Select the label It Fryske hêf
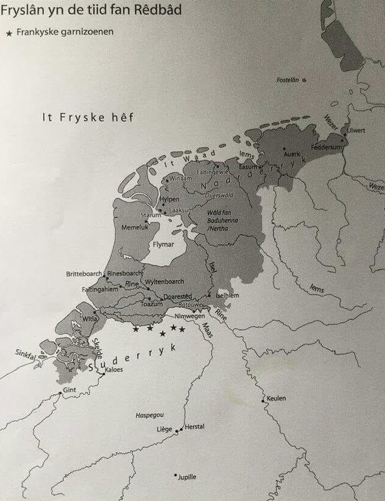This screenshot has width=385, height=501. [88, 117]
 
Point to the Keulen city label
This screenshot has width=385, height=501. [276, 398]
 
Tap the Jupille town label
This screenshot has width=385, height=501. [188, 477]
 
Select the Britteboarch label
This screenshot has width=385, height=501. [85, 274]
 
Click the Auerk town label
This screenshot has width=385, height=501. [293, 154]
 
